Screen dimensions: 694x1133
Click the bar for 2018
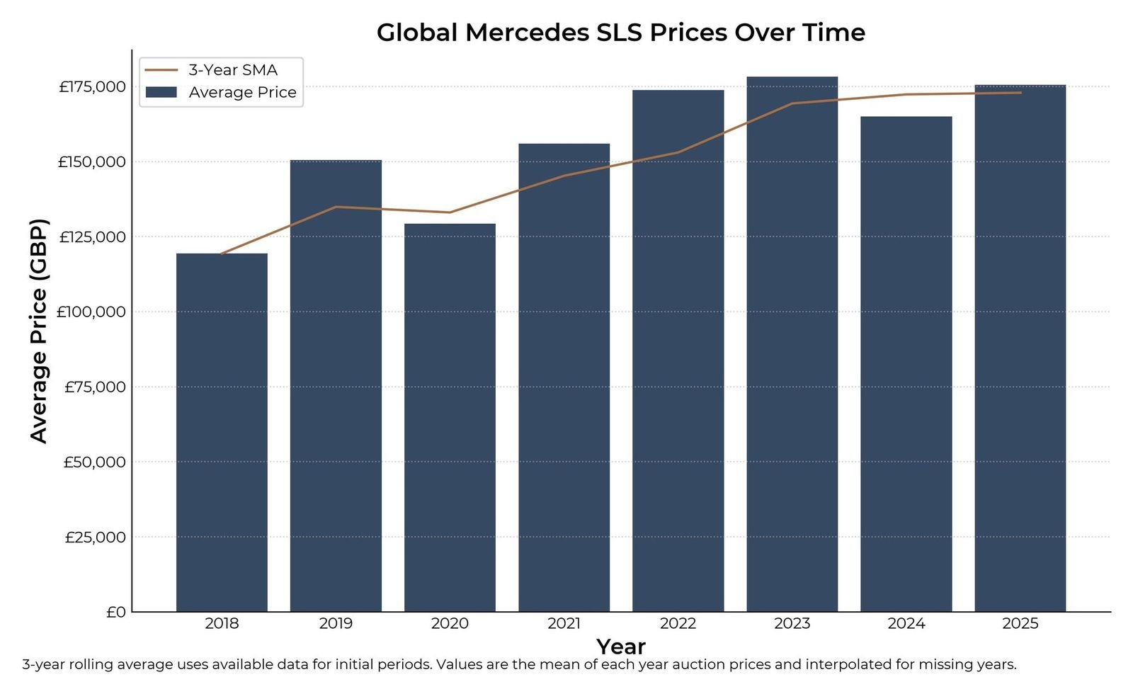[222, 432]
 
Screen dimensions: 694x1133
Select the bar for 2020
[450, 418]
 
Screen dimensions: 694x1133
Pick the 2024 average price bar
[906, 364]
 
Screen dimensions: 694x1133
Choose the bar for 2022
[678, 351]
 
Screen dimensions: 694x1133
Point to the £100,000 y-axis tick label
[91, 312]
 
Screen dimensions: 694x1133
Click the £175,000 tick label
[93, 86]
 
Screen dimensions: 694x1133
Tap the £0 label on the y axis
[115, 612]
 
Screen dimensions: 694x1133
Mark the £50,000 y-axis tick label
[95, 462]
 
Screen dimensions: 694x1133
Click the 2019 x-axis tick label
[336, 624]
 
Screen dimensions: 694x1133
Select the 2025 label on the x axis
[1020, 624]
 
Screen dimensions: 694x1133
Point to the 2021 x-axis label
[564, 624]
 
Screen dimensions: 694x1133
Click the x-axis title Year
[620, 647]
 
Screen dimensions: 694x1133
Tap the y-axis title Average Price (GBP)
[39, 331]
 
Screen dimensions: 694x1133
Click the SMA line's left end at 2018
[222, 254]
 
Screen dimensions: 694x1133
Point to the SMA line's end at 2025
[1020, 93]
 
